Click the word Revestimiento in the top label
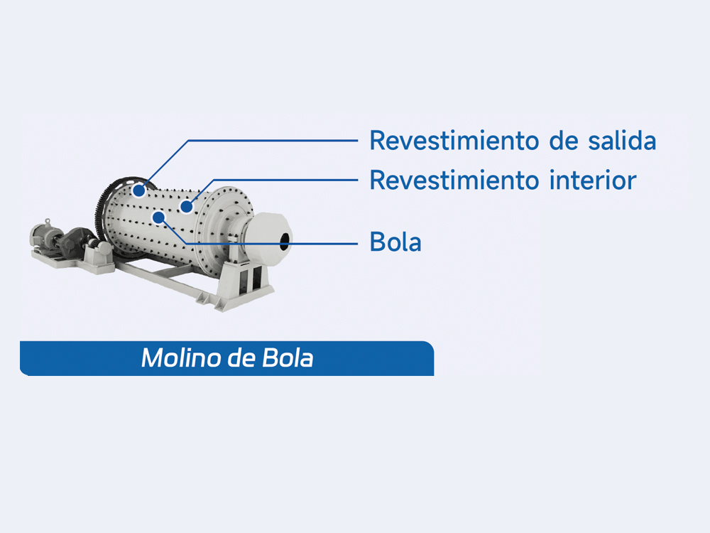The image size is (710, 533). (x=454, y=140)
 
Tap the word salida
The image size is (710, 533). (x=622, y=140)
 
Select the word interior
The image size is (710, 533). (x=593, y=180)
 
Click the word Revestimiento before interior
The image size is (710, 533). (x=454, y=180)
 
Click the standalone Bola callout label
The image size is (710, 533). (x=395, y=242)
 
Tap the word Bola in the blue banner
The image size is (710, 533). (x=288, y=357)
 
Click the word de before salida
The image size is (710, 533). (x=564, y=140)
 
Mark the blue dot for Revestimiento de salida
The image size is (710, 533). (x=139, y=190)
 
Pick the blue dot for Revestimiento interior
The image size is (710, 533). (x=186, y=207)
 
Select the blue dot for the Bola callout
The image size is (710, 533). (x=158, y=218)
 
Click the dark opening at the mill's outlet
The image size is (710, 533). (x=284, y=242)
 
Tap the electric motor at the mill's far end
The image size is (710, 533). (x=43, y=236)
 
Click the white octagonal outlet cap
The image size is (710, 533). (x=267, y=238)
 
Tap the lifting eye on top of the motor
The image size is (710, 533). (x=48, y=221)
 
